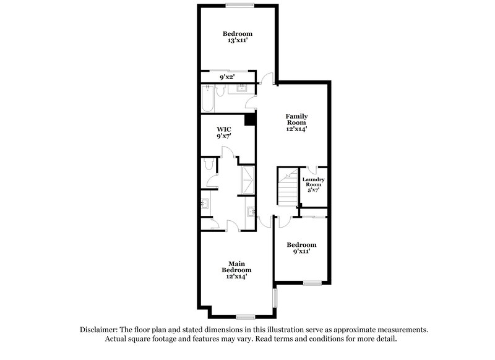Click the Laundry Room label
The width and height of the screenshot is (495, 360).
[x=313, y=182]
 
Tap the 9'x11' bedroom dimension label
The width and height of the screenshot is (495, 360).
[x=297, y=251]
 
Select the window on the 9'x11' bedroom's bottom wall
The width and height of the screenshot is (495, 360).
[x=312, y=283]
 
